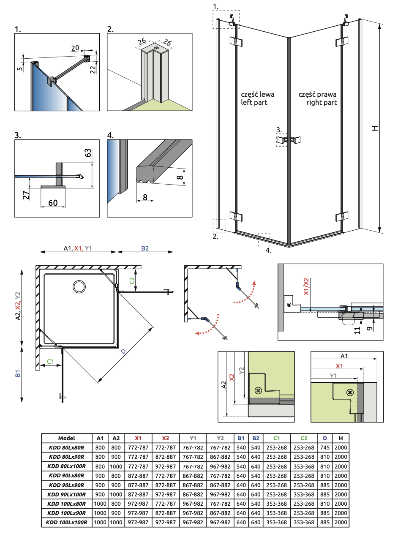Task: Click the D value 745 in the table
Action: (325, 447)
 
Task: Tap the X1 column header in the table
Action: (138, 438)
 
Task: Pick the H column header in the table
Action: (341, 438)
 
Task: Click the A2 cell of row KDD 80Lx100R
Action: (116, 466)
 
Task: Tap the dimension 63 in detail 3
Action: (88, 153)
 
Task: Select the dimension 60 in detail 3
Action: (53, 203)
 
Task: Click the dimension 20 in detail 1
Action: (75, 48)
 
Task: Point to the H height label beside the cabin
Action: (375, 128)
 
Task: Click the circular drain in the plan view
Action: (79, 286)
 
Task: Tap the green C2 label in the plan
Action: (132, 280)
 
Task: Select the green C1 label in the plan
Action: (50, 361)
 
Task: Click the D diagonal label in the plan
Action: (123, 351)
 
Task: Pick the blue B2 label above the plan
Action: (144, 248)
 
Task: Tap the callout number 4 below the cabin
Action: (268, 250)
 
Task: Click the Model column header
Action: (67, 438)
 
